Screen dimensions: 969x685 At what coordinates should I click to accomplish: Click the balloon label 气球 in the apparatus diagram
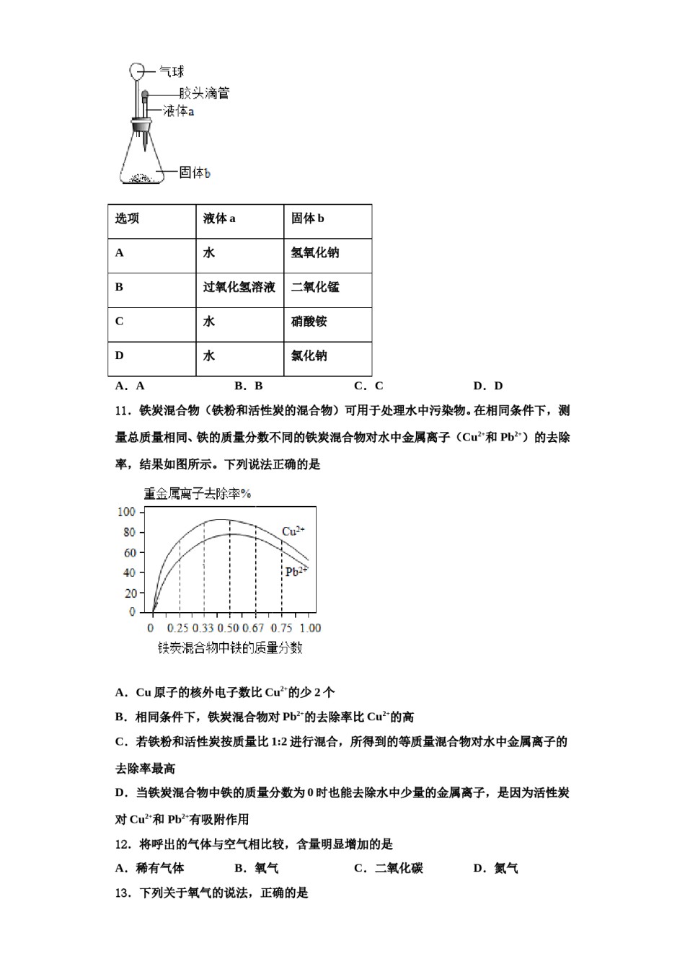(171, 71)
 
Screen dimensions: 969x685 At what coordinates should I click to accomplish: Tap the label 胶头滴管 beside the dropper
(205, 93)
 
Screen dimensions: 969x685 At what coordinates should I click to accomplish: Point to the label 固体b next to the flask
(195, 172)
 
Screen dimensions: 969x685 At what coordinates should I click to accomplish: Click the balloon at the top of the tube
(138, 71)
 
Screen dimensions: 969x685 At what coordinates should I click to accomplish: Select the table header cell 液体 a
(219, 218)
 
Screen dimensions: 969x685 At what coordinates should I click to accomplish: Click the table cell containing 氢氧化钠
(315, 253)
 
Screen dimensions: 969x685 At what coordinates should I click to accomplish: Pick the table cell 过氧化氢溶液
(239, 287)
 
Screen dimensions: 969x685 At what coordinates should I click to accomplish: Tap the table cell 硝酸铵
(309, 322)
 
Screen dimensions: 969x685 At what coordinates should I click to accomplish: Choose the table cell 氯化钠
(309, 355)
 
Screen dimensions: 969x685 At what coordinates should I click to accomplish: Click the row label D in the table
(120, 355)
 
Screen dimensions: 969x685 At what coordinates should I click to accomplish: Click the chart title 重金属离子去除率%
(197, 494)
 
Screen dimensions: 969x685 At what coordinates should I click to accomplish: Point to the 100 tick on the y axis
(125, 512)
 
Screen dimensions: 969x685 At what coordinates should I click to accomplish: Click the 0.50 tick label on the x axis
(229, 628)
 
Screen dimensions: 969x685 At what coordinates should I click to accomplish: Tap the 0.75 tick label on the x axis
(282, 628)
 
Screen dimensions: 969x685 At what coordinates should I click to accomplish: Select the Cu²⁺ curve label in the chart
(293, 531)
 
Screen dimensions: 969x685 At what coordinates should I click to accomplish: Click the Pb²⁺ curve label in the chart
(296, 572)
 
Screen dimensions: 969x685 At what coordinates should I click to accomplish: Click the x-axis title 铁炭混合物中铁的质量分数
(230, 647)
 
